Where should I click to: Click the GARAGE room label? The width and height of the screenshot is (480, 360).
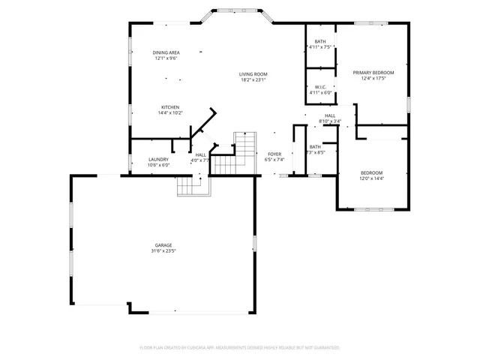(163, 245)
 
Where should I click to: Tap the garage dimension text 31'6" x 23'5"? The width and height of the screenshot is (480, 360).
(163, 251)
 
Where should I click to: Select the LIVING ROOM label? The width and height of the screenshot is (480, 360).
(253, 73)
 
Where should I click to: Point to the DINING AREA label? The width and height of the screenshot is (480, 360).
(166, 52)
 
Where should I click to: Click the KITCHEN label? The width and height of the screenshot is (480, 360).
(170, 107)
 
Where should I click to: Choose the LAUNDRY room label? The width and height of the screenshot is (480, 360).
(158, 159)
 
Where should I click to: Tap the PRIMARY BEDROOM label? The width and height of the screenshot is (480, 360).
(373, 73)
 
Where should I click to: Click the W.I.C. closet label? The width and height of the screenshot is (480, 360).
(320, 87)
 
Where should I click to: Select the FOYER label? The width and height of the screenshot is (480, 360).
(274, 154)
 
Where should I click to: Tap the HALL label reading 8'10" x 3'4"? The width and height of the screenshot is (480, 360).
(330, 121)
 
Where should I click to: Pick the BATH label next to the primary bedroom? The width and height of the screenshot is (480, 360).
(320, 41)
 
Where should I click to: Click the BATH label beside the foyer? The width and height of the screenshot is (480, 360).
(315, 147)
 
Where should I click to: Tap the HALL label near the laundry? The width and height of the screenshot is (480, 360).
(200, 154)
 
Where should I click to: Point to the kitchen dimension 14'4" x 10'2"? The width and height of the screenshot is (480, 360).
(170, 113)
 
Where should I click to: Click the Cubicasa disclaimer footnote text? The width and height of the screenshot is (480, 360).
(240, 348)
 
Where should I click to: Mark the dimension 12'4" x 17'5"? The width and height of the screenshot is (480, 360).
(373, 79)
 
